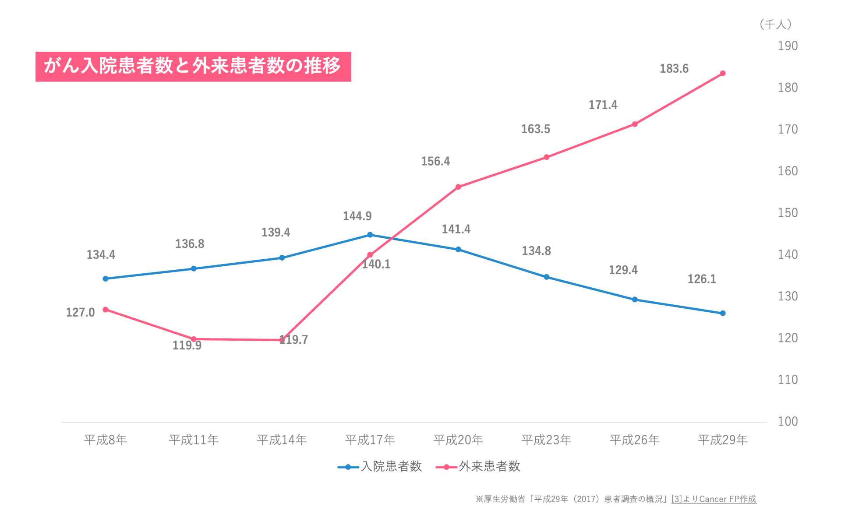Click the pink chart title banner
tap(193, 67)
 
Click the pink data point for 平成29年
tap(723, 74)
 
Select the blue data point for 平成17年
tap(370, 235)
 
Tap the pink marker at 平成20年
tap(458, 187)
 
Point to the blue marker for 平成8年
tap(106, 279)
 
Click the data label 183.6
tap(674, 69)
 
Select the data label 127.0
tap(80, 313)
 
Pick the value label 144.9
tap(357, 216)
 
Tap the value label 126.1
tap(702, 279)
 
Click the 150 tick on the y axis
tap(788, 213)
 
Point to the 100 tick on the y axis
tap(788, 422)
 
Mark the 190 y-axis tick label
tap(788, 46)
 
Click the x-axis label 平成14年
tap(282, 440)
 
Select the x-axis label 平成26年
tap(635, 440)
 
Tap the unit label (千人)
tap(775, 25)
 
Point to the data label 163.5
tap(535, 129)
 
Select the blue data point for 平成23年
tap(547, 277)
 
